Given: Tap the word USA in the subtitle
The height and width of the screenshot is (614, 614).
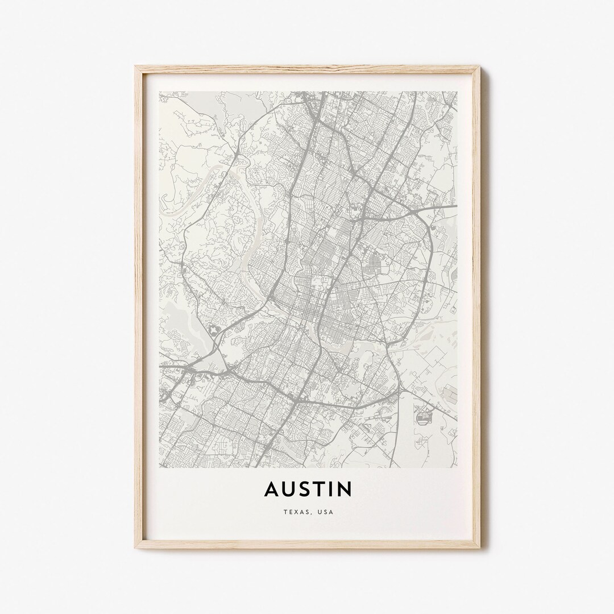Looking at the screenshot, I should coord(326,512).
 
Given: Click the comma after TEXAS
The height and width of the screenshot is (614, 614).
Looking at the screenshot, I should coord(310,513).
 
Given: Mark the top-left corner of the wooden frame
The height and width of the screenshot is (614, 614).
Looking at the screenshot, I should coord(136,67).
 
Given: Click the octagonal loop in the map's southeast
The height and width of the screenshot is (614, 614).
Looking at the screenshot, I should coord(425,418).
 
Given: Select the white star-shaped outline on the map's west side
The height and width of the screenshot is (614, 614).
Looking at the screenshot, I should coord(213,329).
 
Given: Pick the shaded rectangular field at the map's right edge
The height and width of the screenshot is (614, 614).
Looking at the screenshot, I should coord(449,392).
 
